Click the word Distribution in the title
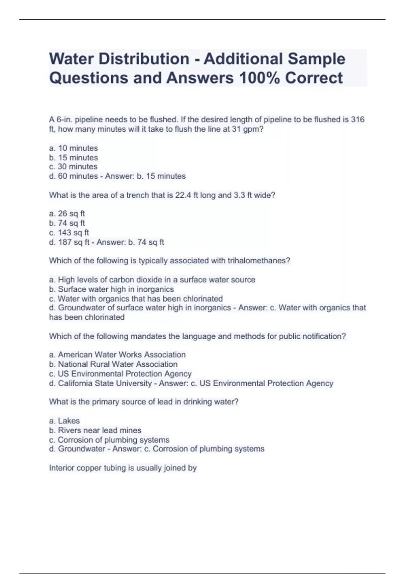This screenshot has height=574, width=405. point(144,59)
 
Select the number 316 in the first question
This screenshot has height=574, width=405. point(357,120)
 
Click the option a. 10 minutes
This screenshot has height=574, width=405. point(74,148)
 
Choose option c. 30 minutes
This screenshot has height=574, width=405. point(73,166)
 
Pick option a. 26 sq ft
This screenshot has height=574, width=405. point(67,214)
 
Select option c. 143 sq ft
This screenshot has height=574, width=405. point(69,233)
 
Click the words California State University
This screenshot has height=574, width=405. point(105,384)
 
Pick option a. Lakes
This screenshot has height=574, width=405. point(64,421)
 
